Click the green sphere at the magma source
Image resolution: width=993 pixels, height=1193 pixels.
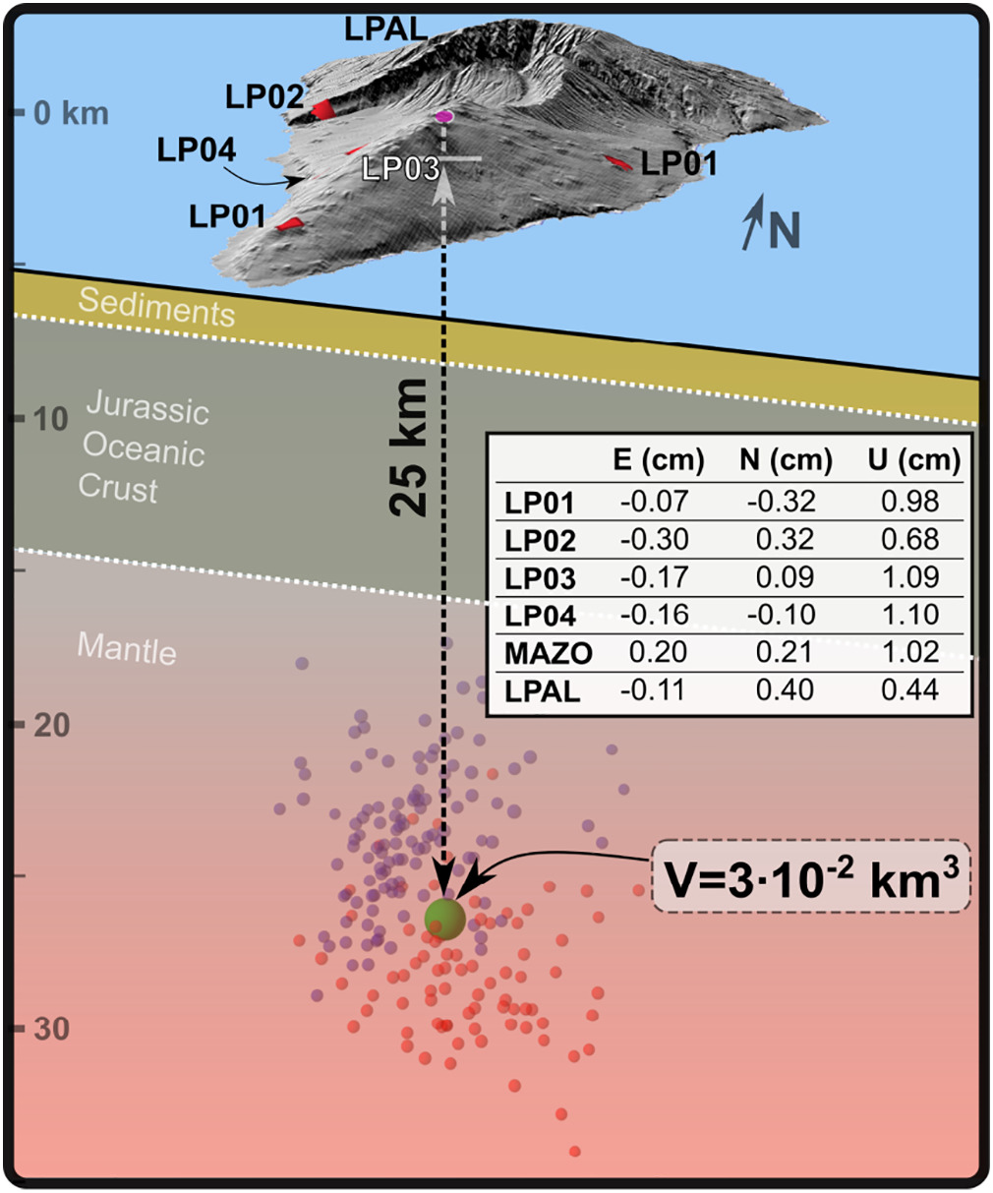coord(445,918)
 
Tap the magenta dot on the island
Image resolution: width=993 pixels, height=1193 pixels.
coord(444,117)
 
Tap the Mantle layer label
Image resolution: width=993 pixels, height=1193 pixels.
coord(127,648)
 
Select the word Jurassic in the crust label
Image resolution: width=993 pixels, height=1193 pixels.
coord(147,407)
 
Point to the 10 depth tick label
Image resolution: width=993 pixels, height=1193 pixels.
coord(51,419)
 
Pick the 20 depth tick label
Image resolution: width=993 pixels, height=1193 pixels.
coord(51,725)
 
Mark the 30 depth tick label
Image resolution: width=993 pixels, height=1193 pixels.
coord(51,1029)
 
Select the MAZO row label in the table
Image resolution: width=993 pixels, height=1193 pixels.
coord(549,653)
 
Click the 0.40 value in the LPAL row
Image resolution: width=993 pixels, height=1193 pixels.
coord(786,690)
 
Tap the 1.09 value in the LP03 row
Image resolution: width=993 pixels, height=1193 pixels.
coord(909,577)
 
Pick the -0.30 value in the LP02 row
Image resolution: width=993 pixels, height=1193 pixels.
coord(654,540)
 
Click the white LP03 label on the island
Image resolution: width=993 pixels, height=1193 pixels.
coord(400,169)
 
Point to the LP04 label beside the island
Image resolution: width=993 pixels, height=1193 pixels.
coord(197,150)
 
